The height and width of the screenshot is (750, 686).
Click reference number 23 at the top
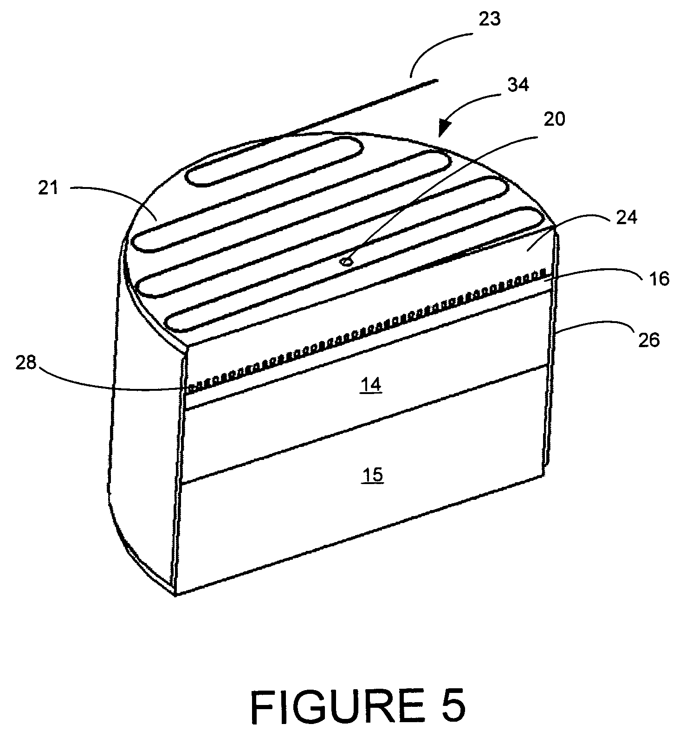coord(490,20)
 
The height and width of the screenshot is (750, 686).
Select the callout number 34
coord(518,85)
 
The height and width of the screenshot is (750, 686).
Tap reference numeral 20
coord(554,119)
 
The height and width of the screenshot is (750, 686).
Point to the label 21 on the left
coord(48,188)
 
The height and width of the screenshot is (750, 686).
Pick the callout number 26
coord(648,340)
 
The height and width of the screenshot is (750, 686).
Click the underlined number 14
coord(372,385)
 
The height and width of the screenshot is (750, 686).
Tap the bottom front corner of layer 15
coord(175,595)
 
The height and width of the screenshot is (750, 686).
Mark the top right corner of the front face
coord(556,227)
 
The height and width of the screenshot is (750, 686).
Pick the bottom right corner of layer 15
coord(544,475)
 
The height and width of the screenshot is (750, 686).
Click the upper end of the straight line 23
coord(437,81)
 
